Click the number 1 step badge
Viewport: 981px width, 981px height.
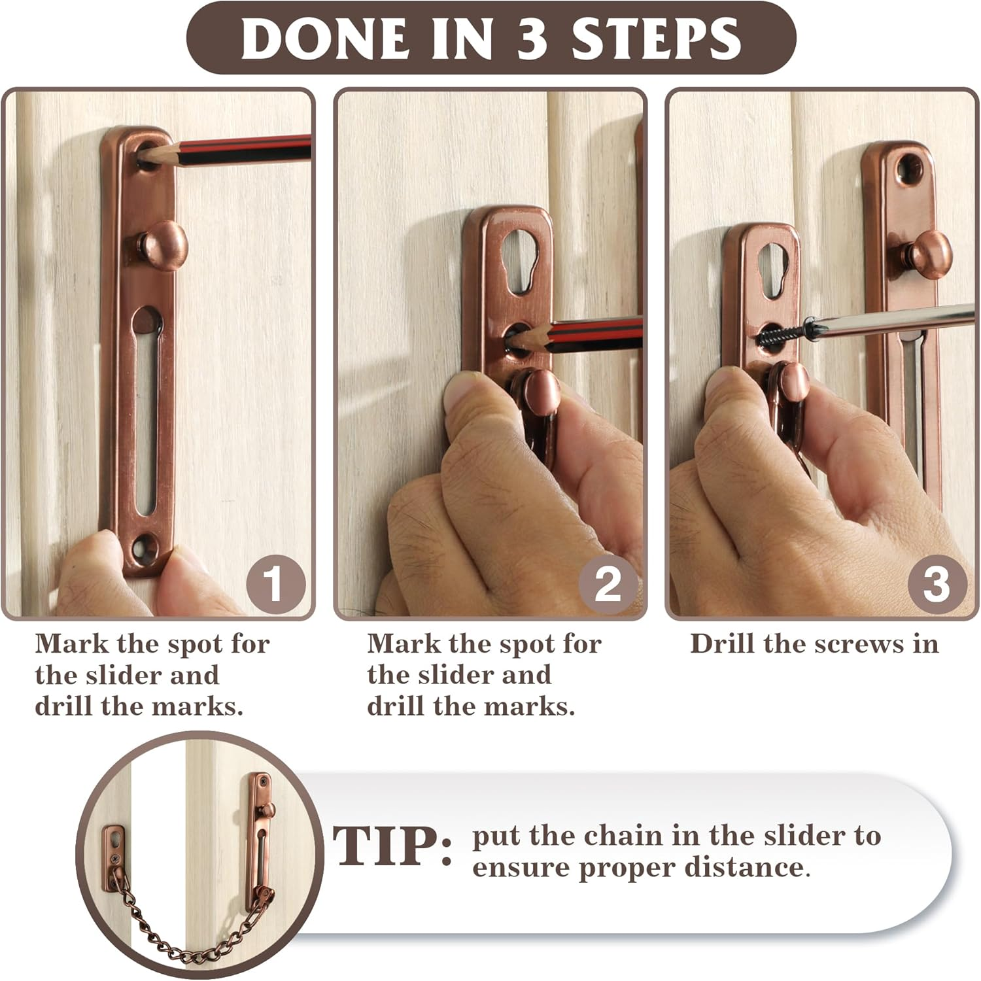click(275, 583)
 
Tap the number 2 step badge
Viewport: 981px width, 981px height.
click(608, 583)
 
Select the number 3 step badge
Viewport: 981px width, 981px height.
click(936, 583)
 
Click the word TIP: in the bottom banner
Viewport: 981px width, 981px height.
click(392, 847)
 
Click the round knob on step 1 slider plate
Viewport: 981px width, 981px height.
click(165, 246)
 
